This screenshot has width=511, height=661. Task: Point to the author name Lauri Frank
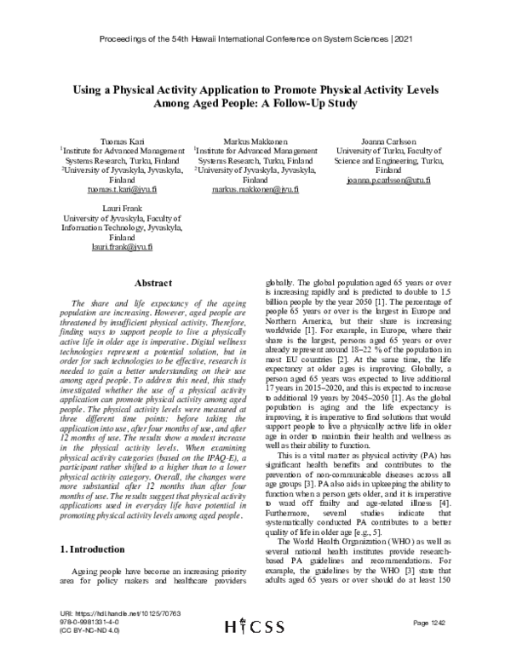120,207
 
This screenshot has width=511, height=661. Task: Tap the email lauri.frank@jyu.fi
120,247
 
